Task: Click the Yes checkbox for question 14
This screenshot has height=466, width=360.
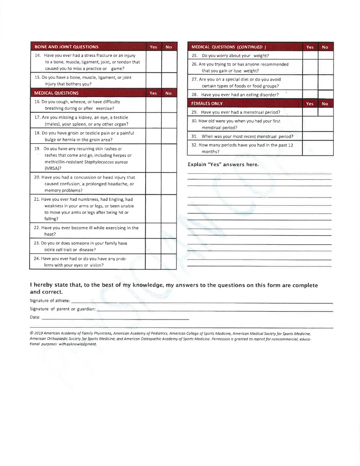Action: coord(153,61)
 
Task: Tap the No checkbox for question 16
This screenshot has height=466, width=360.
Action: coord(168,105)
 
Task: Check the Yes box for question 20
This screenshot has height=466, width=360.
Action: coord(153,184)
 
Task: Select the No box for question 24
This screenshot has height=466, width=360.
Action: coord(168,262)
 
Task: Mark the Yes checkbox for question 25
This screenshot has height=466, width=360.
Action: coord(310,56)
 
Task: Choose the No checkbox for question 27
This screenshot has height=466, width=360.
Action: coord(325,82)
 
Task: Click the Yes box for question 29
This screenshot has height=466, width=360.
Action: coord(310,112)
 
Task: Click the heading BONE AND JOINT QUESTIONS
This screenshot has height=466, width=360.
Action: coord(66,47)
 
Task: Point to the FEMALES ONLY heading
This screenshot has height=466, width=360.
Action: coord(207,104)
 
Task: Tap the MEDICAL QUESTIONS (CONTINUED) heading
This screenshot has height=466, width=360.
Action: coord(228,47)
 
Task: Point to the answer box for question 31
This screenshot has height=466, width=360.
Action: coord(318,136)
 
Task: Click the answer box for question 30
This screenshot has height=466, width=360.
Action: coord(318,124)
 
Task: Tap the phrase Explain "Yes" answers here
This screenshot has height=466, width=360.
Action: coord(223,165)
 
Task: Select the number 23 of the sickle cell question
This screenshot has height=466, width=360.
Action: coord(37,243)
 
